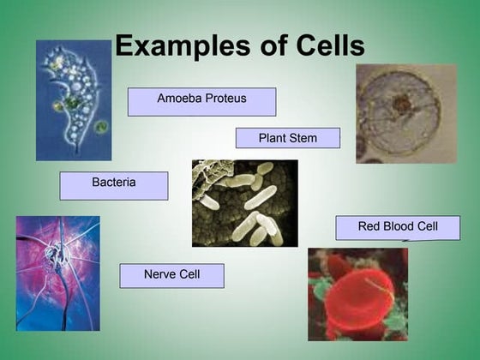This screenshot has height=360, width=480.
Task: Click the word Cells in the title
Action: (x=325, y=46)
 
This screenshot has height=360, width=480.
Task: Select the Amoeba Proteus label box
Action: (x=201, y=101)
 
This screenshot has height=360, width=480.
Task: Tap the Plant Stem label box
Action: (x=287, y=138)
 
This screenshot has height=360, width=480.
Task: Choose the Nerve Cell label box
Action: (x=171, y=275)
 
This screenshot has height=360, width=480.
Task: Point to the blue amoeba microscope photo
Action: (x=73, y=100)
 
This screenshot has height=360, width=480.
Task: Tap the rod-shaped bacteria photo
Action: (x=244, y=203)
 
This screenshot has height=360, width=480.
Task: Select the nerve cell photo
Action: (x=57, y=273)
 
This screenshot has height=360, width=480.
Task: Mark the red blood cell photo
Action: (x=357, y=294)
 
